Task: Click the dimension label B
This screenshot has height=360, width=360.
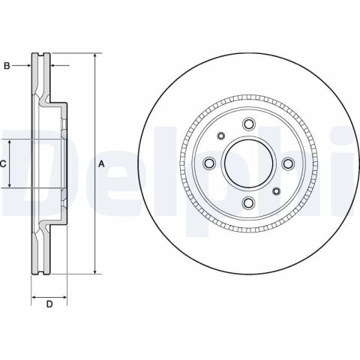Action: [7, 67]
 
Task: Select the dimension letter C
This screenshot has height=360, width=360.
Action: [3, 163]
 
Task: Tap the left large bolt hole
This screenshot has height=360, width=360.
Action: [210, 163]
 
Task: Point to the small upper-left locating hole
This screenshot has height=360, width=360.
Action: [221, 136]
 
